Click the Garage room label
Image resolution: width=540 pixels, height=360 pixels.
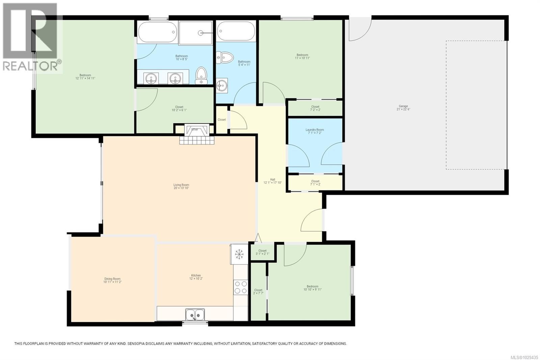[403, 107]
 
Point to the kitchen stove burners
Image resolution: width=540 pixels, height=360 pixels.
[241, 287]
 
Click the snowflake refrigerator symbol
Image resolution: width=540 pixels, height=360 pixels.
[239, 254]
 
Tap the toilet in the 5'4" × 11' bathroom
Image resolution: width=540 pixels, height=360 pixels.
[225, 58]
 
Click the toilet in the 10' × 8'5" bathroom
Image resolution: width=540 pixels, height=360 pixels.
[201, 75]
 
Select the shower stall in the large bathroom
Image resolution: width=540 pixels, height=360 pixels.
[196, 33]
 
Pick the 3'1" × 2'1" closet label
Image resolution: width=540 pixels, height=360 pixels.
[262, 252]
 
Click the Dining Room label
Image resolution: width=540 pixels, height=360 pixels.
[112, 280]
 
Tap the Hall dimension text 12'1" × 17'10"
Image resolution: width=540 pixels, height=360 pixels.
[272, 183]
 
